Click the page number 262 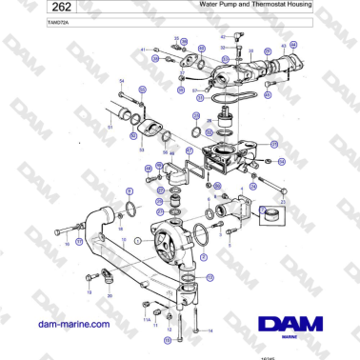(30, 7)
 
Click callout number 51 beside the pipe (110, 125)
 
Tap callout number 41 (143, 49)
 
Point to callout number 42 (223, 36)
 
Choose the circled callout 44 (293, 45)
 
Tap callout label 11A (145, 319)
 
